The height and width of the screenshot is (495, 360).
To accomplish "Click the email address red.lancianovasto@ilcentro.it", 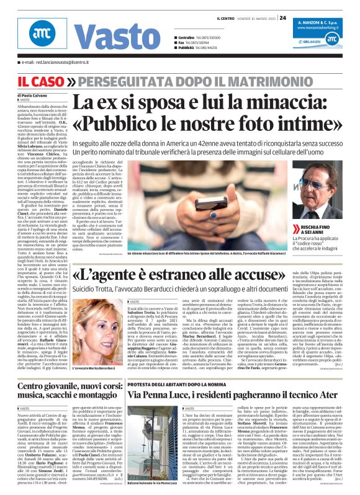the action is [66, 63].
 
